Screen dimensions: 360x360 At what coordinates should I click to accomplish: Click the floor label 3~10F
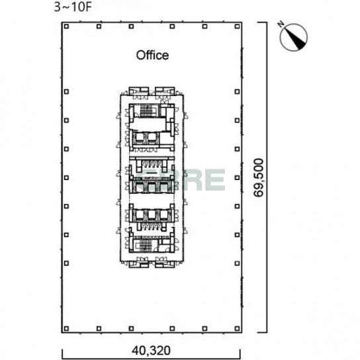(x=73, y=7)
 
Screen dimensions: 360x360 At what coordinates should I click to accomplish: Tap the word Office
(x=152, y=56)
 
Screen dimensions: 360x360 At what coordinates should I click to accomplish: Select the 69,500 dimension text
(x=259, y=177)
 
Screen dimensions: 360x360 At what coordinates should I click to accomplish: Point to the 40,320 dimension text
(x=151, y=350)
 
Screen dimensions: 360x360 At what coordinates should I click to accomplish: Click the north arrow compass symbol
(x=294, y=37)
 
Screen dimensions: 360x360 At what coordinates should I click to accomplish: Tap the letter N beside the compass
(x=281, y=24)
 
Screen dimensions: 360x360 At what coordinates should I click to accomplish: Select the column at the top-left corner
(x=66, y=26)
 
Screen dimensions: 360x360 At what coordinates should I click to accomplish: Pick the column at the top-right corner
(x=237, y=26)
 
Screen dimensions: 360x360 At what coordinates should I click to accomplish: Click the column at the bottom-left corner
(x=66, y=329)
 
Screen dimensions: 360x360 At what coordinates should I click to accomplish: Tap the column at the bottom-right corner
(x=237, y=329)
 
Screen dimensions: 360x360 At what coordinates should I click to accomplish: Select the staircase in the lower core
(x=145, y=246)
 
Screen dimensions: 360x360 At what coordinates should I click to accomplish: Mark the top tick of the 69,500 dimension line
(x=262, y=22)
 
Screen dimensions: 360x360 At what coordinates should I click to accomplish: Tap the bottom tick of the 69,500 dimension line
(x=262, y=332)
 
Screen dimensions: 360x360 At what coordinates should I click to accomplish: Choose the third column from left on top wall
(x=131, y=26)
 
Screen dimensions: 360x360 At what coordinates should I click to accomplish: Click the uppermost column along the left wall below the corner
(x=66, y=92)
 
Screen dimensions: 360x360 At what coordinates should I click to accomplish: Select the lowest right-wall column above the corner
(x=237, y=263)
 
